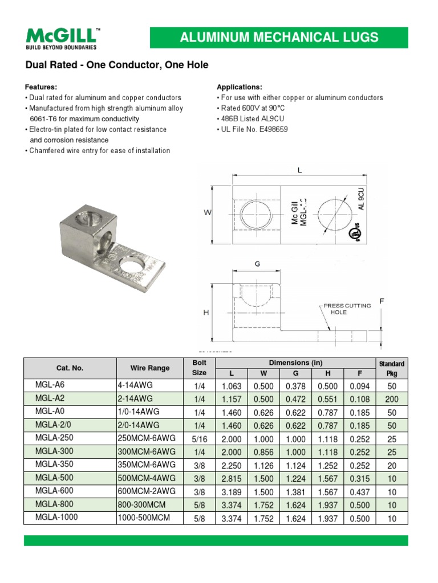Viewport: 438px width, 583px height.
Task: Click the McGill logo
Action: (x=62, y=37)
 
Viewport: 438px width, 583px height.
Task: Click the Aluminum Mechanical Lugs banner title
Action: (x=279, y=38)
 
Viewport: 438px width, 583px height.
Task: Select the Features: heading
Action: (x=40, y=87)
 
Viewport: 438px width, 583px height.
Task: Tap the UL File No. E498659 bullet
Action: (x=252, y=129)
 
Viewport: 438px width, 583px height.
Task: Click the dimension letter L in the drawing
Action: (x=299, y=170)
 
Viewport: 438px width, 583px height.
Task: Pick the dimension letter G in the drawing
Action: (x=257, y=264)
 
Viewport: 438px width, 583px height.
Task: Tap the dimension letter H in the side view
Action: (x=206, y=313)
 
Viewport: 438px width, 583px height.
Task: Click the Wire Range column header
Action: (x=150, y=368)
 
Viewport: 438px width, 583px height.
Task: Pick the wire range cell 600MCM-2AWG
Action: (x=147, y=491)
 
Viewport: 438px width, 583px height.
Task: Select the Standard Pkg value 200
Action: (x=391, y=399)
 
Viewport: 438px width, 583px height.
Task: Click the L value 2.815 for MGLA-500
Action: (x=232, y=478)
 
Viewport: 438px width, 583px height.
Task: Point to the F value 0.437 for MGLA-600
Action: (x=359, y=491)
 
